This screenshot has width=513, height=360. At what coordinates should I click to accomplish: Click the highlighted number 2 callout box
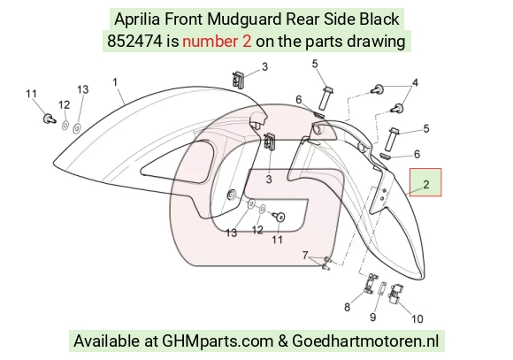point(425,182)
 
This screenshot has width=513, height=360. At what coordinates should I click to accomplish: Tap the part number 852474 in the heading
point(134,42)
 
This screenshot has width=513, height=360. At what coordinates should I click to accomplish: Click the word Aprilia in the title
point(137,19)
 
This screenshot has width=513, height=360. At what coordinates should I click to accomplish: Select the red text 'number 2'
point(217,42)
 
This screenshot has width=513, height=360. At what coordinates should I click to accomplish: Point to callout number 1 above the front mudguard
point(115,81)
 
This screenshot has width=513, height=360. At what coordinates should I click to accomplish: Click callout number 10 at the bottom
point(417,318)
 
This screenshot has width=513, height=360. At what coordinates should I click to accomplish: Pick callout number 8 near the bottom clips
point(347,307)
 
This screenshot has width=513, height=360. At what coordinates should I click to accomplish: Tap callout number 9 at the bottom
point(372,317)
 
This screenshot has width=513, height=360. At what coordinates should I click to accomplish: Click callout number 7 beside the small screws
point(305,255)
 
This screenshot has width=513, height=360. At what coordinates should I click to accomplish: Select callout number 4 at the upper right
point(415,83)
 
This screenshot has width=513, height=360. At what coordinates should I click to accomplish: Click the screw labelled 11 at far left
point(49,119)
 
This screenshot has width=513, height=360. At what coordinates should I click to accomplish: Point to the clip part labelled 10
point(396,294)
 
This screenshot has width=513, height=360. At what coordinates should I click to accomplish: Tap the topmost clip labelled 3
point(239,80)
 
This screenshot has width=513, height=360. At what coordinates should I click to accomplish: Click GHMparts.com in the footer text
point(218,341)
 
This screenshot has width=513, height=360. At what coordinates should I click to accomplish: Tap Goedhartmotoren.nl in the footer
point(365,341)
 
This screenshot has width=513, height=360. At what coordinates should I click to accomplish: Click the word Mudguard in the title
point(244,19)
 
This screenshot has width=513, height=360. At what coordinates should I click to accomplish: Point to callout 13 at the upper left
point(83,89)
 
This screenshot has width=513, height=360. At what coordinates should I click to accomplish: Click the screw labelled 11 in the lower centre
point(279,216)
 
